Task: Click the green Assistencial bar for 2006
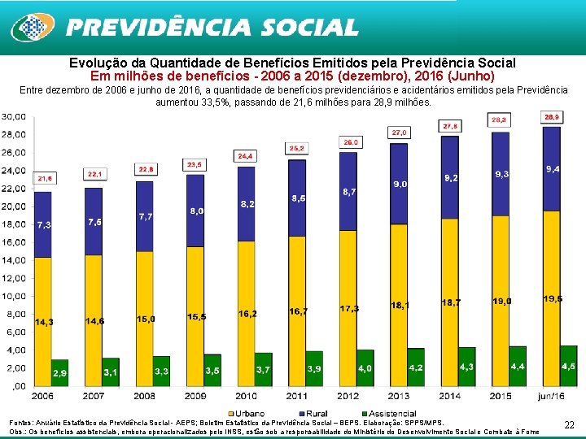pyautogui.click(x=60, y=372)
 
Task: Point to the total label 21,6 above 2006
pyautogui.click(x=44, y=177)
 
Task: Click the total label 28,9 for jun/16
pyautogui.click(x=552, y=117)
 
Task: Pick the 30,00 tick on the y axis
pyautogui.click(x=14, y=116)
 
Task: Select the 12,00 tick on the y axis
pyautogui.click(x=14, y=278)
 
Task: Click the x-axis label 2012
pyautogui.click(x=348, y=396)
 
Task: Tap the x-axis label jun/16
pyautogui.click(x=551, y=396)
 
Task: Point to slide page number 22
pyautogui.click(x=569, y=424)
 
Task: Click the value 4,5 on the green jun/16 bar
pyautogui.click(x=568, y=366)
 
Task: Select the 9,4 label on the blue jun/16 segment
pyautogui.click(x=552, y=169)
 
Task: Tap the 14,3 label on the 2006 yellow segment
pyautogui.click(x=44, y=322)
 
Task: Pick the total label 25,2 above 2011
pyautogui.click(x=297, y=148)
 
